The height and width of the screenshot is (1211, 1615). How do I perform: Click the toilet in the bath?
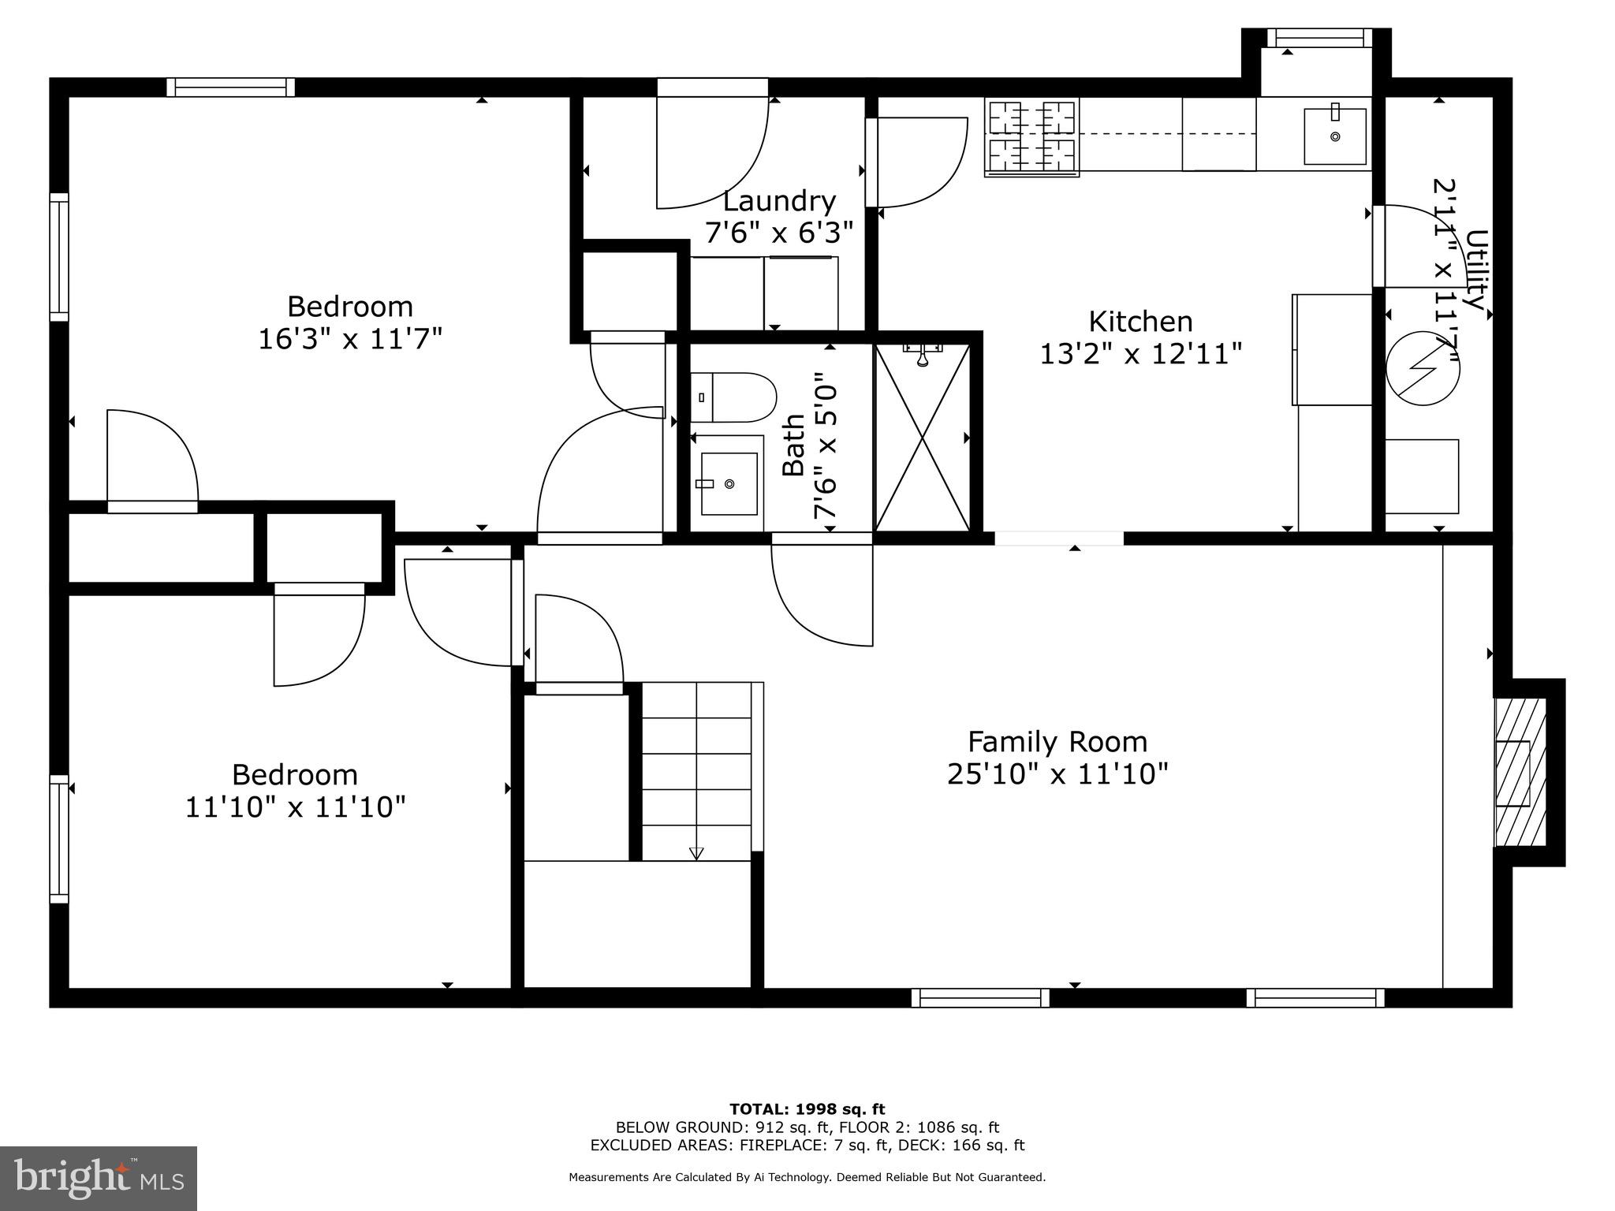click(733, 397)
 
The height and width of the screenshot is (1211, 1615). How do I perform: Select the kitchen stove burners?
click(1031, 136)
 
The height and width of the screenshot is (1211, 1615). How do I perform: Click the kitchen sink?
click(1334, 136)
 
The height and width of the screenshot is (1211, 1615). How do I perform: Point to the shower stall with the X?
click(922, 438)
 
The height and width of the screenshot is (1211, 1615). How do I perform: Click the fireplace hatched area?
click(1520, 773)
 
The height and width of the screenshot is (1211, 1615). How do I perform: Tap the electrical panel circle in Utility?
click(1422, 368)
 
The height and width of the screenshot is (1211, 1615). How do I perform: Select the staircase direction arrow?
click(696, 853)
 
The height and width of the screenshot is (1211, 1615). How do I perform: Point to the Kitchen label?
click(1140, 321)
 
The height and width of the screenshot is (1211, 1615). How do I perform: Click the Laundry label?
click(779, 201)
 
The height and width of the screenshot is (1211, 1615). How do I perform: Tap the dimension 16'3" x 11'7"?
click(350, 339)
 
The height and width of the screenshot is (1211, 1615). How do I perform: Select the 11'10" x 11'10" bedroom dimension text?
click(295, 807)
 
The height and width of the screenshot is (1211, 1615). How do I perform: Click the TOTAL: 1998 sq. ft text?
click(807, 1109)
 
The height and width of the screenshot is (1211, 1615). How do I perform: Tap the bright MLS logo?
click(99, 1179)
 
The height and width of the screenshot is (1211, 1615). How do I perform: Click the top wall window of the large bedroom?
click(230, 88)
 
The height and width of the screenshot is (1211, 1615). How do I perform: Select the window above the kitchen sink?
click(1319, 38)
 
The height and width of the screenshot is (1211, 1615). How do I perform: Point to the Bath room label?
click(793, 445)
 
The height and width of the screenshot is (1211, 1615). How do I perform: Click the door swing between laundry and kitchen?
click(919, 162)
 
